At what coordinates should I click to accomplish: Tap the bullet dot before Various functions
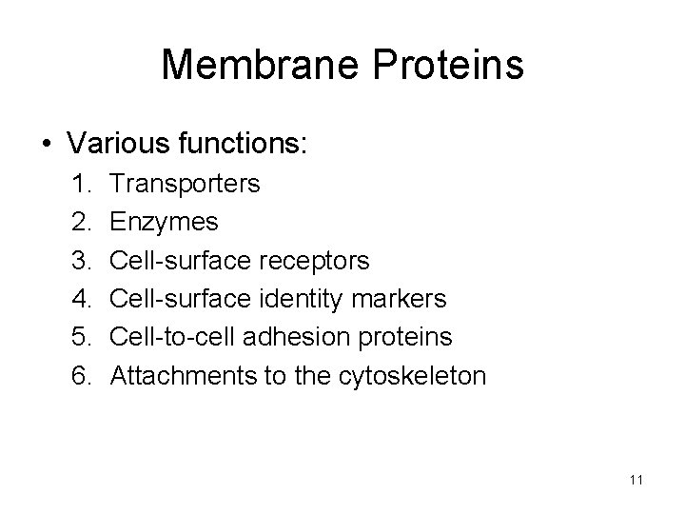pyautogui.click(x=46, y=145)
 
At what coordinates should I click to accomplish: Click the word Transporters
pyautogui.click(x=185, y=183)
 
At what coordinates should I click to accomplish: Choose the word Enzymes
pyautogui.click(x=164, y=222)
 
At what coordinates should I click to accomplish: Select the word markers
pyautogui.click(x=400, y=299)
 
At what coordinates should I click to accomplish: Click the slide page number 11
pyautogui.click(x=636, y=480)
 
